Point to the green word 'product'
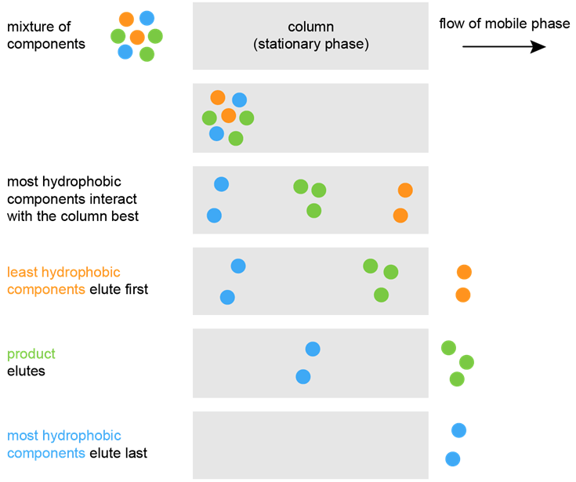(31, 354)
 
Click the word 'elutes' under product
(26, 371)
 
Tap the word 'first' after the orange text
(136, 289)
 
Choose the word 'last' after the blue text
(136, 453)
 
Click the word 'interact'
(113, 199)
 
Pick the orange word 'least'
(22, 272)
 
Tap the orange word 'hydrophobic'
(81, 272)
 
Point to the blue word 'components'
(46, 453)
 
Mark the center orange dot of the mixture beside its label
(137, 37)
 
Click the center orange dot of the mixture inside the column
(229, 116)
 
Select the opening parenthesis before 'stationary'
(255, 45)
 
